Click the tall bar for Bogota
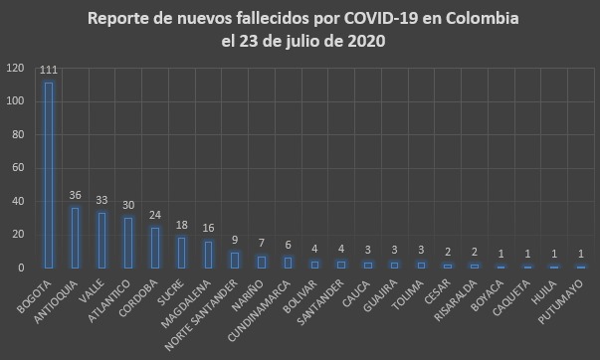pos(48,175)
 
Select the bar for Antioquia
pos(75,238)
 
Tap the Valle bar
pos(101,240)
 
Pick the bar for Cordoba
pos(154,248)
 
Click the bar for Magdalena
pos(208,255)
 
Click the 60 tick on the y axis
pos(18,168)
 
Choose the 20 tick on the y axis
pos(18,235)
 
